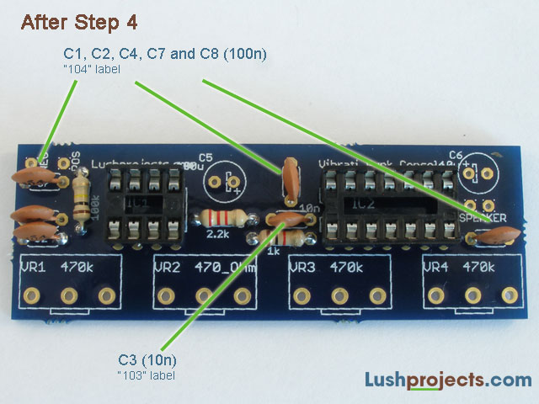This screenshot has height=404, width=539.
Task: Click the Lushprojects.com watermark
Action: coord(447,380)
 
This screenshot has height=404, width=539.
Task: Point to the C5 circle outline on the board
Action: coord(227,182)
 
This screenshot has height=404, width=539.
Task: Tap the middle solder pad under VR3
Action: coord(339,295)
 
